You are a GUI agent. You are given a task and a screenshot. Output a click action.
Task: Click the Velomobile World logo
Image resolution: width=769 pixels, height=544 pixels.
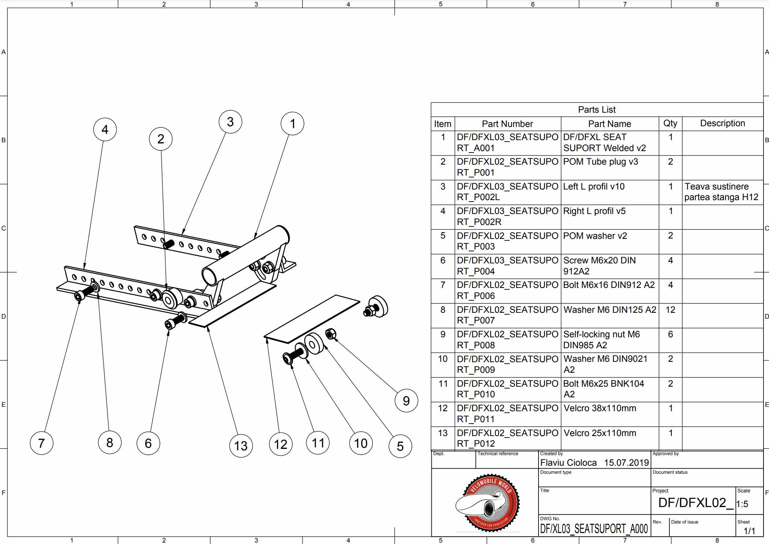click(488, 503)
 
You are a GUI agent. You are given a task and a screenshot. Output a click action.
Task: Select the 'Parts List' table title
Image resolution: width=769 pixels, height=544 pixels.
click(597, 110)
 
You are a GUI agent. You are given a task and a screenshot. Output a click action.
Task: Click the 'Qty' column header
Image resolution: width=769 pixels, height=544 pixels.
click(670, 123)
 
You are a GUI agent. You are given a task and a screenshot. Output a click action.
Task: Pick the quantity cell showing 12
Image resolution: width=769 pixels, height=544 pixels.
click(670, 310)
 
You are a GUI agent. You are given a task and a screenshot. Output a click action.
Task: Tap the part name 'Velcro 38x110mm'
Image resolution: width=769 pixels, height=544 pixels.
click(600, 408)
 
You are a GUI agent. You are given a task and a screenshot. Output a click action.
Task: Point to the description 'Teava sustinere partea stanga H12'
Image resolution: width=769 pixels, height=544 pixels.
click(721, 192)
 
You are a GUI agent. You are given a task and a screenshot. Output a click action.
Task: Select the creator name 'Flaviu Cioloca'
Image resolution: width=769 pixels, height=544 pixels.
click(568, 463)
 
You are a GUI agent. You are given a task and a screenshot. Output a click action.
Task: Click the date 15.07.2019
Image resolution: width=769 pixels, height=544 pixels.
click(626, 463)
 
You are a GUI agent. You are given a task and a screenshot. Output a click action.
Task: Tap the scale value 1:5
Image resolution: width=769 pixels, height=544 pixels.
click(742, 504)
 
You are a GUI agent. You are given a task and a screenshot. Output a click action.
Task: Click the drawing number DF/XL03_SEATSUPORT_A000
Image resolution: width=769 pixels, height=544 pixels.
click(594, 529)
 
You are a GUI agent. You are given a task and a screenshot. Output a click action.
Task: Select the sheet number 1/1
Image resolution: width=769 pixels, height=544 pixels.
click(749, 531)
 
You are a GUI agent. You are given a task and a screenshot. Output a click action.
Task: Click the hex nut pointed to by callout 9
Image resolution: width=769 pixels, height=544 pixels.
click(330, 334)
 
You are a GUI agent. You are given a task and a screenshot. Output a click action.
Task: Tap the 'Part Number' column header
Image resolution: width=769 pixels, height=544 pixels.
click(507, 124)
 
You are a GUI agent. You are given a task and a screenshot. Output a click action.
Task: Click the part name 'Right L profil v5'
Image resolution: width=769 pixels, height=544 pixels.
click(594, 211)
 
